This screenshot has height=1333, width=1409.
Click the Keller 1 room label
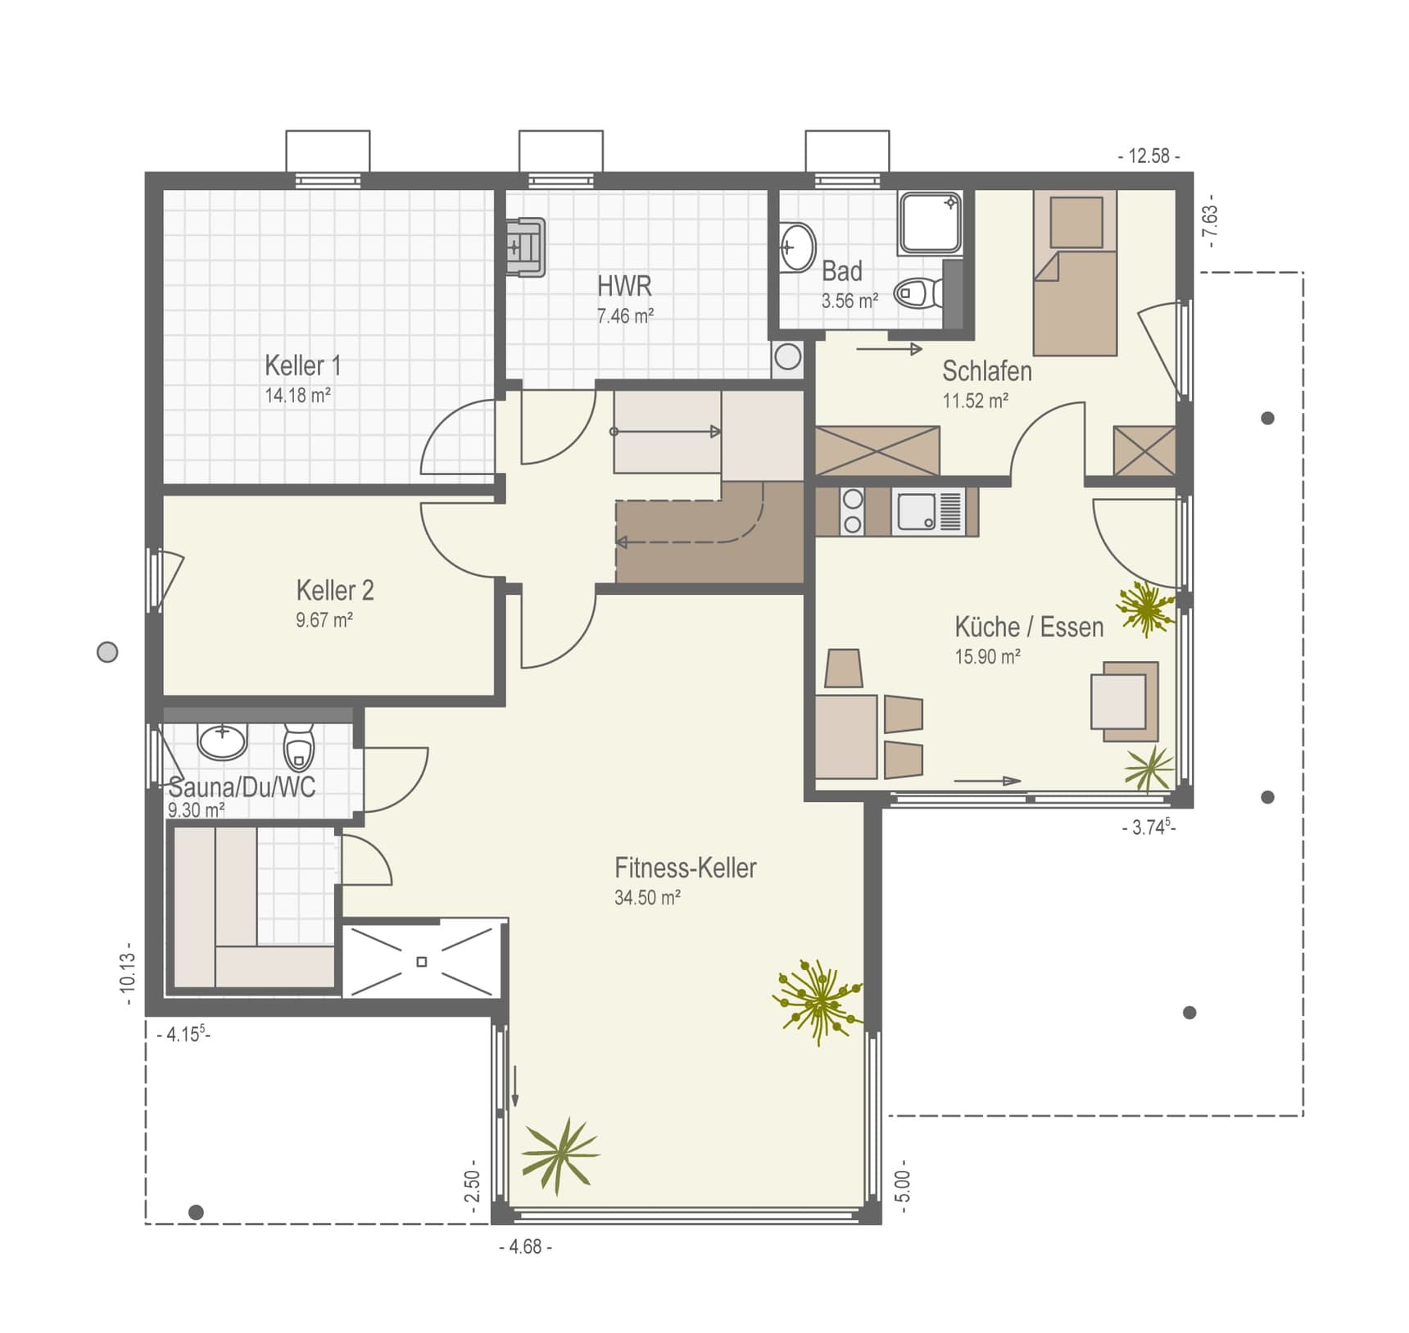click(x=302, y=365)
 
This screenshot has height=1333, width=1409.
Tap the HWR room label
click(x=624, y=286)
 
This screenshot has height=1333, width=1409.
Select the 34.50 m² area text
click(x=647, y=897)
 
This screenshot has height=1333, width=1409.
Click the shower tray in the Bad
click(x=931, y=222)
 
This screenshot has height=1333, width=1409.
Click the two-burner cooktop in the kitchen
click(x=853, y=511)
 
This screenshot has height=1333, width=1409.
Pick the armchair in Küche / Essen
click(x=1124, y=701)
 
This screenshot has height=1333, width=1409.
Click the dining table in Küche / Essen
click(x=846, y=736)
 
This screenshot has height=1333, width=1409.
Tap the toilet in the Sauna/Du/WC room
click(x=299, y=745)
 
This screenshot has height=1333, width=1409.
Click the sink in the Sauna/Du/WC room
click(x=222, y=740)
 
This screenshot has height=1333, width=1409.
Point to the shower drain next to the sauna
click(x=422, y=961)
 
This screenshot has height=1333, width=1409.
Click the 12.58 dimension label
click(x=1148, y=156)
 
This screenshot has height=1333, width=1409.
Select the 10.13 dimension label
click(x=127, y=974)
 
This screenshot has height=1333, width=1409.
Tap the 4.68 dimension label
click(x=525, y=1246)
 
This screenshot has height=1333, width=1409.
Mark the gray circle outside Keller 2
click(x=107, y=652)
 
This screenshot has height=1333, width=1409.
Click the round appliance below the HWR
click(x=787, y=357)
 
